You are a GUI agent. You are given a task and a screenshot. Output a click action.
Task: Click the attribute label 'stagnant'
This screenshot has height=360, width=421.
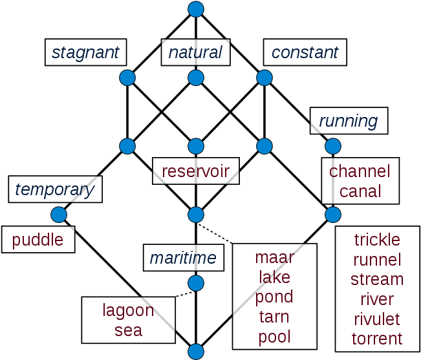coord(85,52)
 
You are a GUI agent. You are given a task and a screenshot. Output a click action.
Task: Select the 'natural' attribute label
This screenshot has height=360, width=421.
coord(195,52)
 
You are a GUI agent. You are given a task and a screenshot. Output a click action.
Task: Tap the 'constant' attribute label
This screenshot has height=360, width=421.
coord(305,52)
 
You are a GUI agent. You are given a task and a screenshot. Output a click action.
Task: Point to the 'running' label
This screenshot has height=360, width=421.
coord(349,121)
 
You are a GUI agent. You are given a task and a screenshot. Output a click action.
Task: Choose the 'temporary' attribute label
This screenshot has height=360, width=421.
coord(55,189)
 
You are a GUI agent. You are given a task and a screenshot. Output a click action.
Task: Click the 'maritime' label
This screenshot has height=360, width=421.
coord(183,259)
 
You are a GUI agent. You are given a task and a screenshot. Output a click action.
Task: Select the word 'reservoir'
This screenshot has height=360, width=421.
coord(195,171)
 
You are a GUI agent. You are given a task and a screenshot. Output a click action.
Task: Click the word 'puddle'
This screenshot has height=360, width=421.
coord(38,240)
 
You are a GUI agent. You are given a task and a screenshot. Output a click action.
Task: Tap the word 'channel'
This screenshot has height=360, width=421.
coord(360,171)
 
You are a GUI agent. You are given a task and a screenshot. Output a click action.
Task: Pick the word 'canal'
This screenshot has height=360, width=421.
coord(360,191)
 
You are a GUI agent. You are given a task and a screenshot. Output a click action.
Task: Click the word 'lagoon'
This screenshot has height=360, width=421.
coord(128,310)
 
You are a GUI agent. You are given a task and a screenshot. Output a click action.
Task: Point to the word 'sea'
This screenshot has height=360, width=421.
coord(128,330)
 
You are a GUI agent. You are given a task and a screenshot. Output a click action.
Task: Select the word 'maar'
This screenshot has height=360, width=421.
coord(274,257)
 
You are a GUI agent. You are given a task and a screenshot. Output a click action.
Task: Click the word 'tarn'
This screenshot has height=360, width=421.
coord(274,317)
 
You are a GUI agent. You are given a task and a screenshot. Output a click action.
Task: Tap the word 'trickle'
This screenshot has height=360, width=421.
coord(377,240)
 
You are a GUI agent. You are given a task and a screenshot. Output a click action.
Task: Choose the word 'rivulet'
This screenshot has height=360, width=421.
coord(377,319)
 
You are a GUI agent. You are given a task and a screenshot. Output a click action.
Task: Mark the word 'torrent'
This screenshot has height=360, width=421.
coord(377,339)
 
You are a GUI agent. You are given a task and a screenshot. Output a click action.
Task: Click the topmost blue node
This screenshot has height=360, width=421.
coord(195,9)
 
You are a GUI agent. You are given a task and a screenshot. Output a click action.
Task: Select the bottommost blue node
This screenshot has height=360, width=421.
coord(195,352)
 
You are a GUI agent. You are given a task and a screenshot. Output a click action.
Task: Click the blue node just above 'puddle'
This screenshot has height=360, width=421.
coord(59,214)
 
